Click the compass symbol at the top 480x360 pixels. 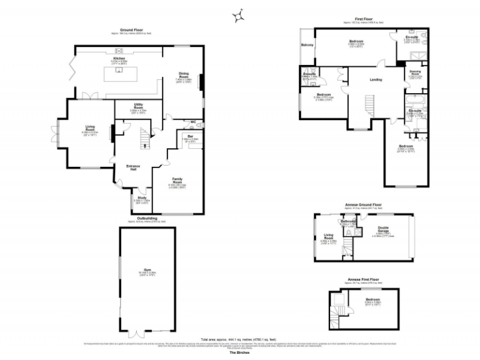238,16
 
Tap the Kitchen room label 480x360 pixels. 119,57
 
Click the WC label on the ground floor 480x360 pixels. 193,122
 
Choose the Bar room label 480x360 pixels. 189,136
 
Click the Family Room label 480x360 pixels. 177,179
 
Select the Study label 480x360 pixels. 142,198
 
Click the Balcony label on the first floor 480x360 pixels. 307,46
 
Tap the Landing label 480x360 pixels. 376,79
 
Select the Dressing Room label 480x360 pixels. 415,73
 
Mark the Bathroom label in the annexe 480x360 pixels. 347,221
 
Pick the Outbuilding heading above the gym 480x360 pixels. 147,219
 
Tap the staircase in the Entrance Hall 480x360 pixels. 146,136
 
